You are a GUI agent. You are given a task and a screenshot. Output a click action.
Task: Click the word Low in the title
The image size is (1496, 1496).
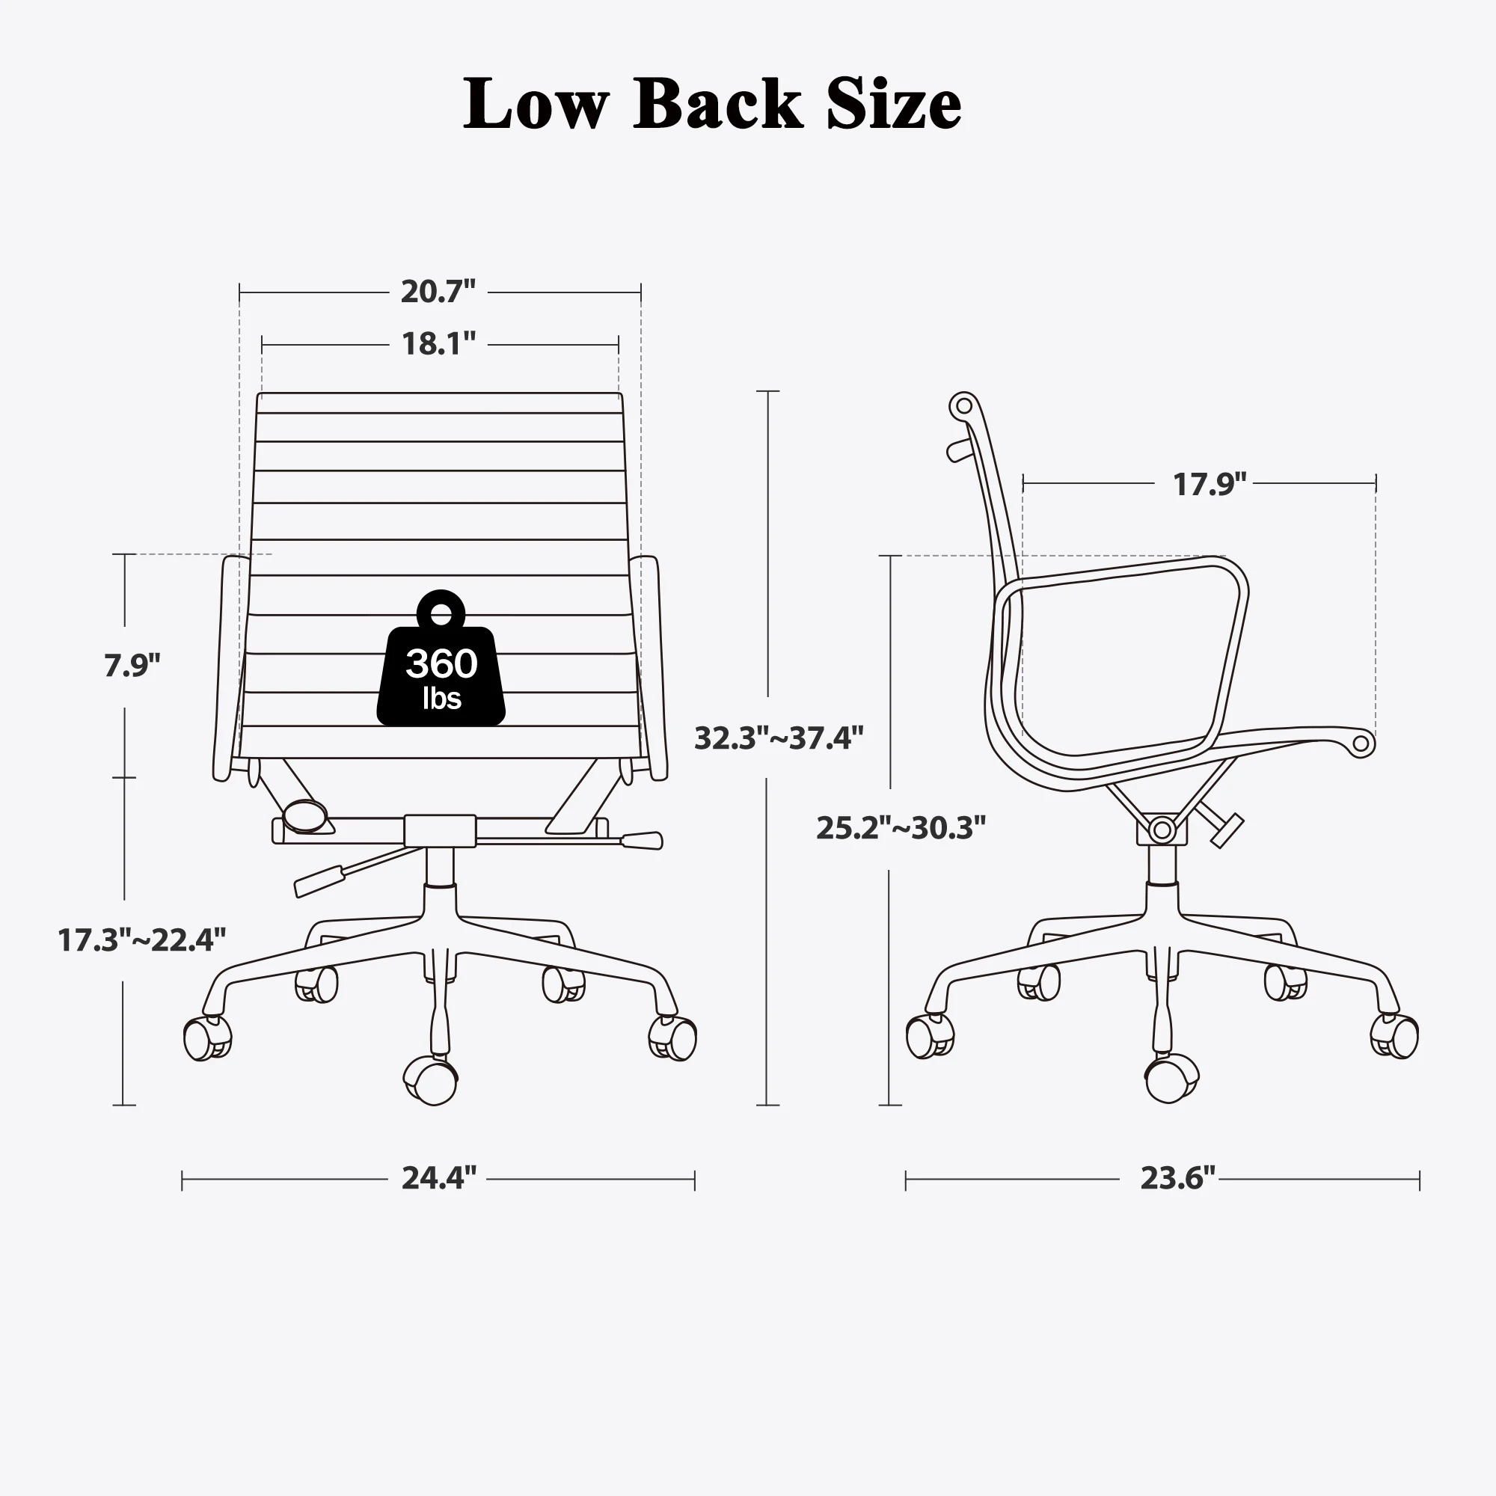click(x=536, y=105)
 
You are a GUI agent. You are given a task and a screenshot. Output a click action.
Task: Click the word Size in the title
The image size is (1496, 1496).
click(x=894, y=105)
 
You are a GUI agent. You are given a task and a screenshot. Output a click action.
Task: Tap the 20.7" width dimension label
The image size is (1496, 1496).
click(x=438, y=292)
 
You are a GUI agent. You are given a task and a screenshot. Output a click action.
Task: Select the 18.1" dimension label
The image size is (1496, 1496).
click(x=438, y=344)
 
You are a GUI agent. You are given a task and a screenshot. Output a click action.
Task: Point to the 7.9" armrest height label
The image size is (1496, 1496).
click(x=132, y=665)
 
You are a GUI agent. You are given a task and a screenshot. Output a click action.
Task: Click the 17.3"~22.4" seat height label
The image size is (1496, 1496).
click(x=141, y=940)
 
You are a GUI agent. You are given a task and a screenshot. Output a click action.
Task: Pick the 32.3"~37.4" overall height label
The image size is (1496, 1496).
click(x=778, y=738)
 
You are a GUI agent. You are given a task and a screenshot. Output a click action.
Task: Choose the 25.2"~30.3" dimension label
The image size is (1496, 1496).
click(x=901, y=829)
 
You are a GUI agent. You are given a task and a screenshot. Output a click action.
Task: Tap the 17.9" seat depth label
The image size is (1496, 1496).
click(x=1210, y=485)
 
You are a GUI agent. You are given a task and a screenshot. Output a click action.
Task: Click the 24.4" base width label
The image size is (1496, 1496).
click(x=438, y=1178)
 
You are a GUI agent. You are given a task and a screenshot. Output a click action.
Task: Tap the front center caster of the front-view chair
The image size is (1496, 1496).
click(x=432, y=1080)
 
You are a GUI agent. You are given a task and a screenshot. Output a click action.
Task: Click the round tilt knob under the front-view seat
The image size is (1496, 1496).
click(x=304, y=814)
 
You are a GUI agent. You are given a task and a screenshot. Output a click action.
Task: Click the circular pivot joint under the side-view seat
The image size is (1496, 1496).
click(x=1162, y=830)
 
